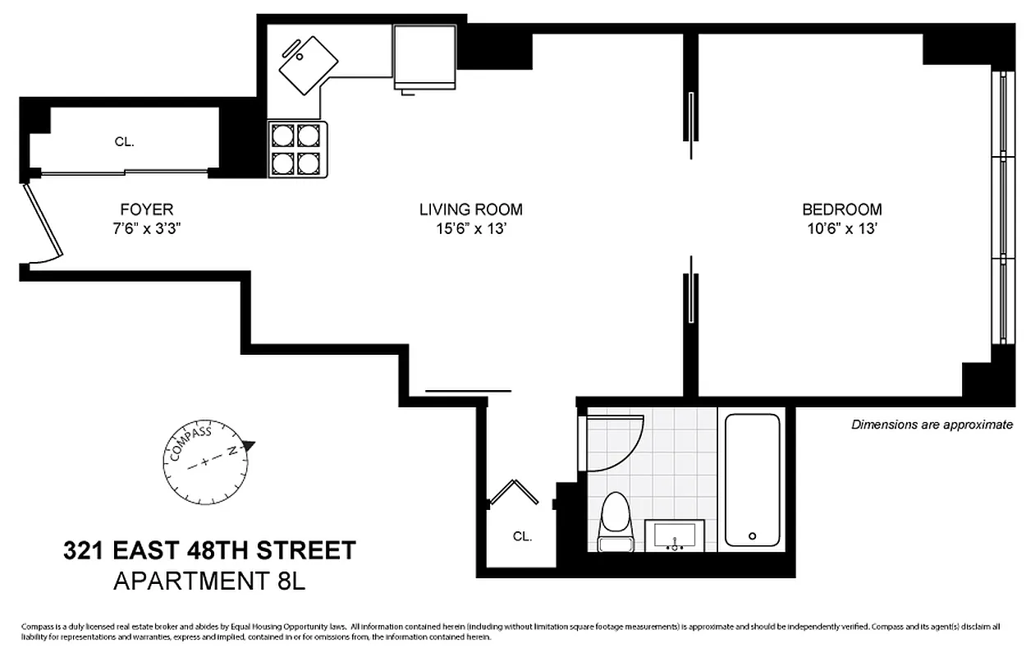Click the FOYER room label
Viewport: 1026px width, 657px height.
point(146,209)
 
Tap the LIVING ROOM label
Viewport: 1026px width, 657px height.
point(470,209)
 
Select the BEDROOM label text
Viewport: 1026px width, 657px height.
point(841,209)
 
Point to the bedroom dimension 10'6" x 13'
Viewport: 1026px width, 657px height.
point(841,229)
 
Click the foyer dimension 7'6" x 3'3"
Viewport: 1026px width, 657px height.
point(146,229)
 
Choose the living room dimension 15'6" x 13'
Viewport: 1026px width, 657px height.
point(470,229)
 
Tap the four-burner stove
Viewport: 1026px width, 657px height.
point(296,149)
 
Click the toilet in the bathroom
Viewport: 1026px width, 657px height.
point(615,522)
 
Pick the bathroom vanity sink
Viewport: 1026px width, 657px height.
point(675,535)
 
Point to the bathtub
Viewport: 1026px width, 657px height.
point(752,480)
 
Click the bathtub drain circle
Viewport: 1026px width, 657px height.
point(752,536)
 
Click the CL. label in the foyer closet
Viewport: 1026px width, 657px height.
point(124,141)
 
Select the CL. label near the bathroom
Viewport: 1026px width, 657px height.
point(522,536)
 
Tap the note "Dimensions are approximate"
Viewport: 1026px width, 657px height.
point(932,425)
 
